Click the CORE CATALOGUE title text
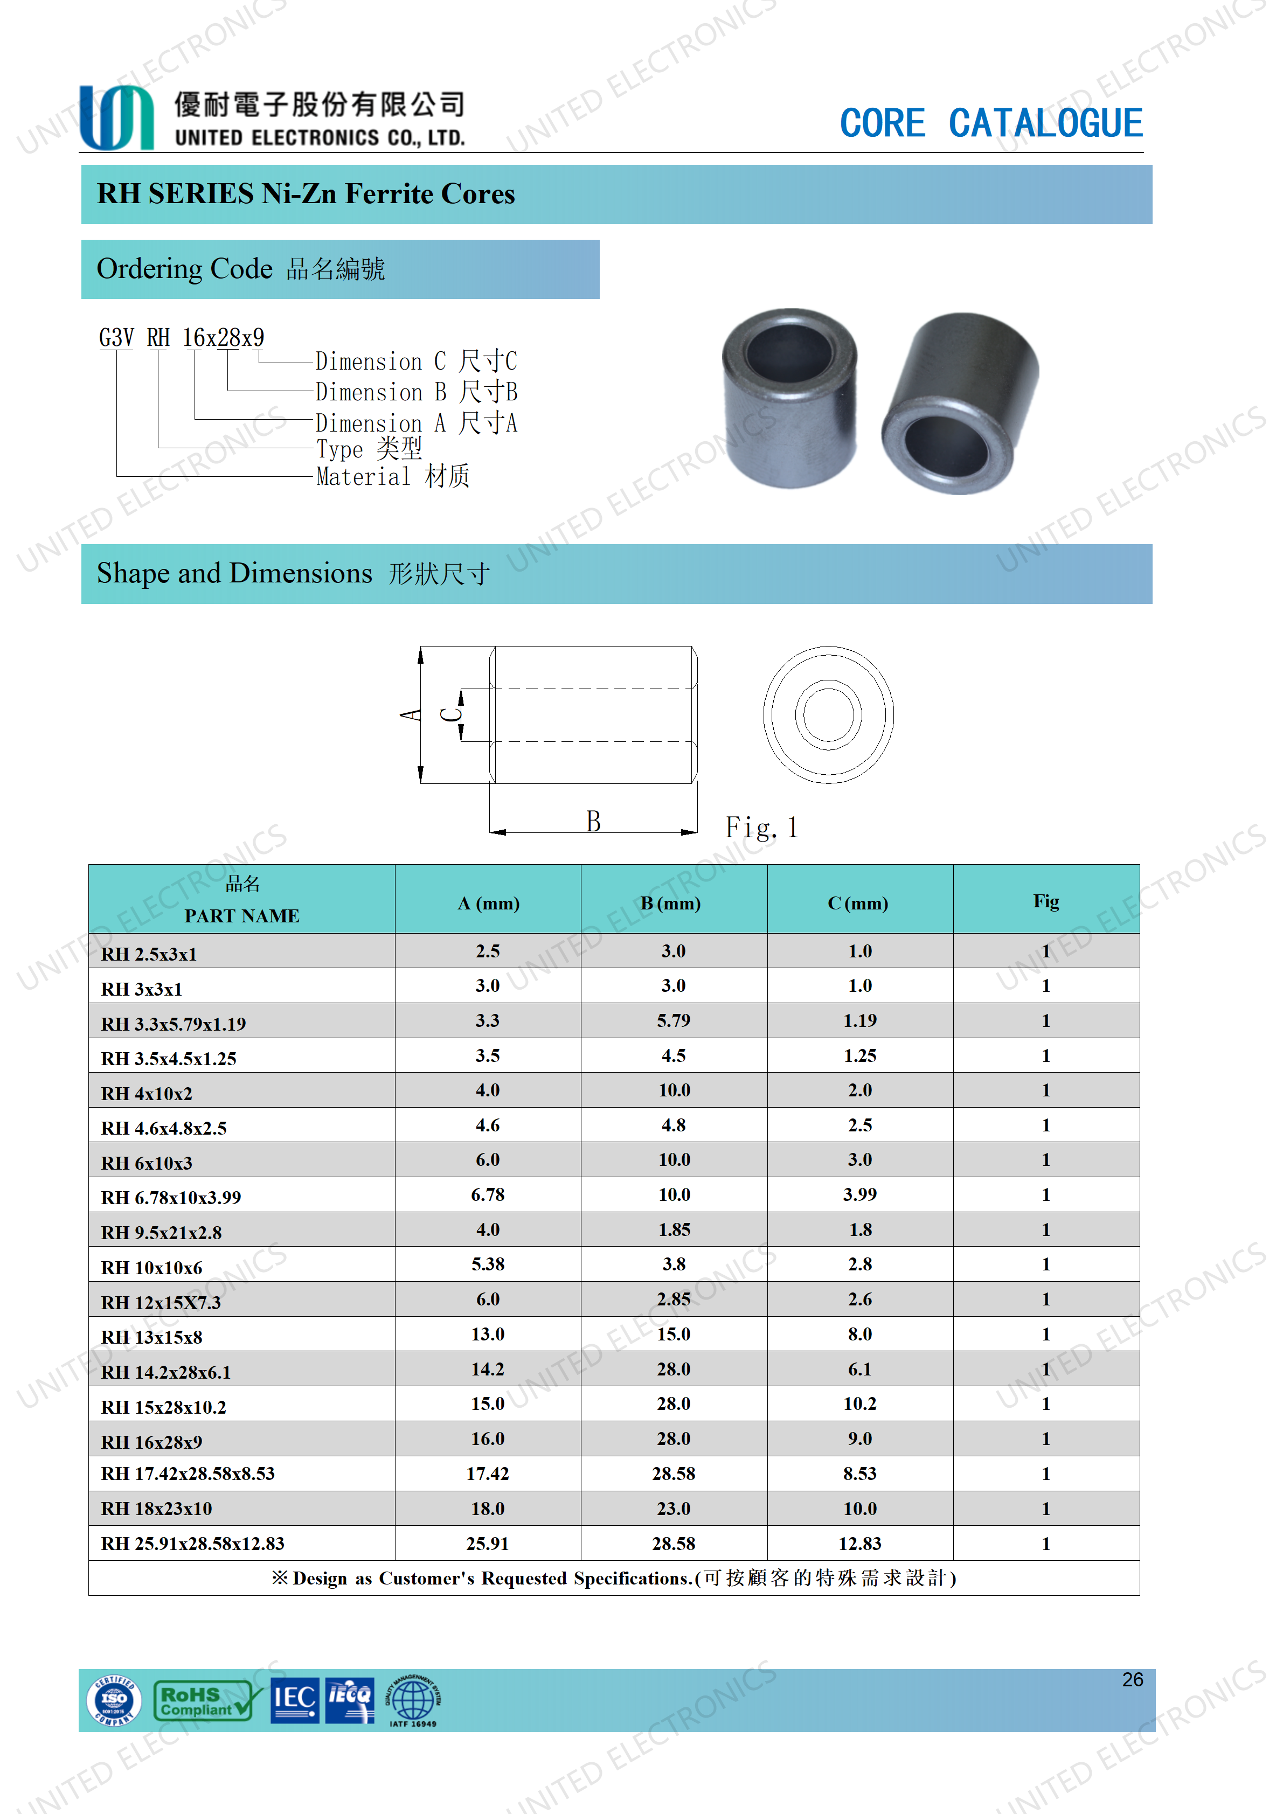point(991,123)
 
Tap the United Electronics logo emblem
point(116,118)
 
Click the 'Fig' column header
point(1045,901)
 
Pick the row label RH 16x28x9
point(151,1442)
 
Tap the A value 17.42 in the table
point(488,1474)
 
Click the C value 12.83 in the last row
point(859,1543)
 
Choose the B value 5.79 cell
point(673,1021)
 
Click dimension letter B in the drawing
point(593,822)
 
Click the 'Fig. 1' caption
point(761,827)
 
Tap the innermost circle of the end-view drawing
point(828,714)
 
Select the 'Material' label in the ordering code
point(363,476)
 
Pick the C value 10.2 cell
point(859,1404)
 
